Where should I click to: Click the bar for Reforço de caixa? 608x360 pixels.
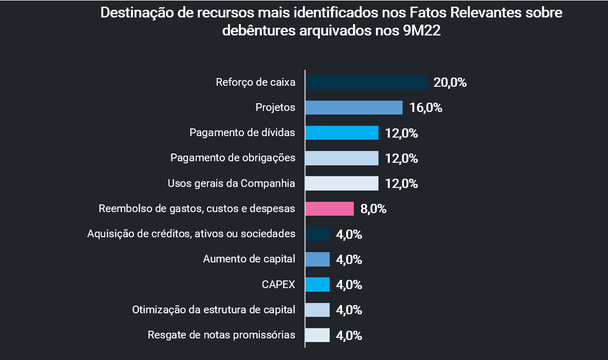366,82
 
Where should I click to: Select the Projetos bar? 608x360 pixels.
354,107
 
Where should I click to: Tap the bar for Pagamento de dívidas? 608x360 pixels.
341,133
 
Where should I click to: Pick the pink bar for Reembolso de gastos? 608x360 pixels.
329,209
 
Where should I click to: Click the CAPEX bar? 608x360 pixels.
317,285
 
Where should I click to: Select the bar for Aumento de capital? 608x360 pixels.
317,259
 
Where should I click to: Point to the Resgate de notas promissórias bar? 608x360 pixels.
317,335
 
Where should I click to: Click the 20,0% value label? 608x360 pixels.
450,82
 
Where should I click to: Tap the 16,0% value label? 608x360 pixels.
426,108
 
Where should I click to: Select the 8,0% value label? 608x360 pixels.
373,209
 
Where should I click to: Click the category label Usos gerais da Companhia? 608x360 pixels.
231,183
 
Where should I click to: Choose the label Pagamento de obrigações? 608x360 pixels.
233,158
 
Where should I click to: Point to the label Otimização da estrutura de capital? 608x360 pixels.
214,310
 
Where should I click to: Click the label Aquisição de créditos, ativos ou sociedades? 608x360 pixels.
191,234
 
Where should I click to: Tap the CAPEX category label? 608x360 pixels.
278,285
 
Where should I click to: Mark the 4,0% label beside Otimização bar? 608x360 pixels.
349,310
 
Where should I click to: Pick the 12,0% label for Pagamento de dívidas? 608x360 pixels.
402,134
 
